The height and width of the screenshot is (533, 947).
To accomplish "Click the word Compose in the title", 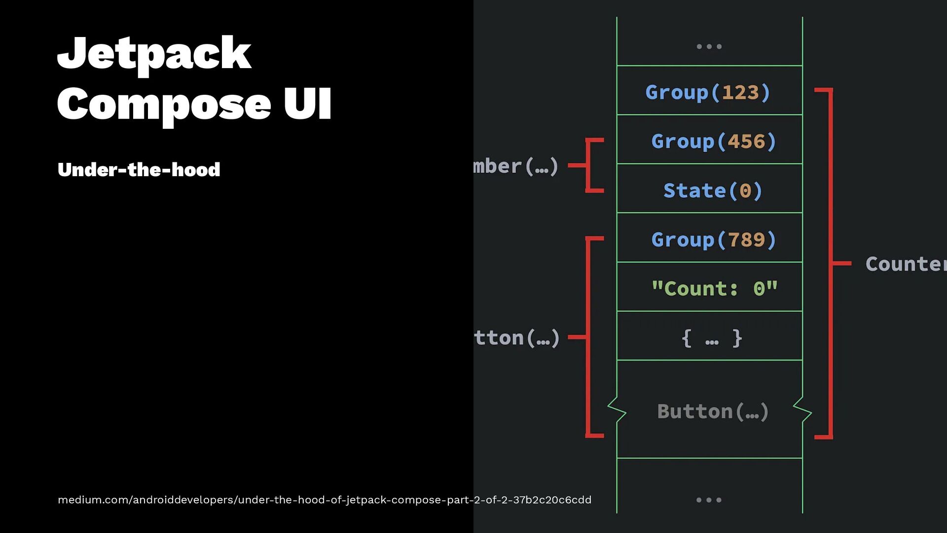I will [x=164, y=105].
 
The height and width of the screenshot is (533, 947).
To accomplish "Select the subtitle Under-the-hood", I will [x=139, y=170].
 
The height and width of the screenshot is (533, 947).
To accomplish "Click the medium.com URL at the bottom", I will [x=324, y=500].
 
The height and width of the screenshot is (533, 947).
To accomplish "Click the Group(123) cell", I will [x=708, y=92].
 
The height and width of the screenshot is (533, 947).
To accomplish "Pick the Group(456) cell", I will [x=713, y=142].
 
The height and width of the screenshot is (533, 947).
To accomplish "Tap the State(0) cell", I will [x=713, y=190].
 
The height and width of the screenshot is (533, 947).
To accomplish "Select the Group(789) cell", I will [x=713, y=240].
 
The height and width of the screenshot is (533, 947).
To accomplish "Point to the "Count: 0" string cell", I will [x=714, y=289].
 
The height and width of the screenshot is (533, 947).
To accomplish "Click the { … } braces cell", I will [x=711, y=339].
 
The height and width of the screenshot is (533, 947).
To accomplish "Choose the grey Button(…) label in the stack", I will [x=713, y=412].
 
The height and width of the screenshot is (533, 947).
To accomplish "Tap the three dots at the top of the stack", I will [x=709, y=46].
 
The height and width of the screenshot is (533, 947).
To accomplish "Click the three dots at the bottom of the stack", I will [x=709, y=500].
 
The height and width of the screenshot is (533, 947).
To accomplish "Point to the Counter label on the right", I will [x=906, y=264].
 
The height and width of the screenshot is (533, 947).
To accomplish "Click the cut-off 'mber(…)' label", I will [x=515, y=166].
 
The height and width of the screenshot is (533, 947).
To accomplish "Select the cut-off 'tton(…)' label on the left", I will [x=517, y=338].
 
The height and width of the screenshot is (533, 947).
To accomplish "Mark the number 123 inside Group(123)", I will [x=740, y=92].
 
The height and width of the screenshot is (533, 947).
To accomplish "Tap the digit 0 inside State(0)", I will [x=745, y=190].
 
